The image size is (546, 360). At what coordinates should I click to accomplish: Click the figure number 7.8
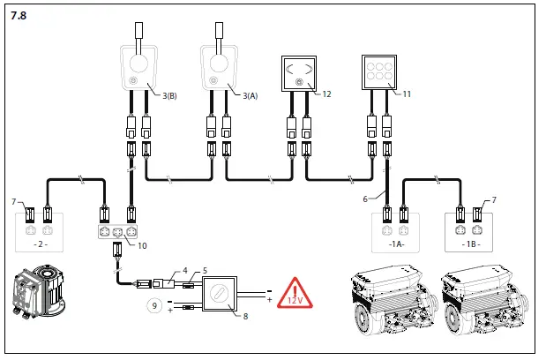click(x=19, y=16)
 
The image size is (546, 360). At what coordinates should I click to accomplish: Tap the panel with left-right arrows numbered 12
click(x=300, y=74)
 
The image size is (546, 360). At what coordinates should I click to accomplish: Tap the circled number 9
click(x=154, y=308)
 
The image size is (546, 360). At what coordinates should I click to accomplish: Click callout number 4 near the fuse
click(x=185, y=271)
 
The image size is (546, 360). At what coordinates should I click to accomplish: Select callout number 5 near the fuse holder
click(x=205, y=271)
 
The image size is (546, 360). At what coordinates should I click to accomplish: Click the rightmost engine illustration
click(x=482, y=298)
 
